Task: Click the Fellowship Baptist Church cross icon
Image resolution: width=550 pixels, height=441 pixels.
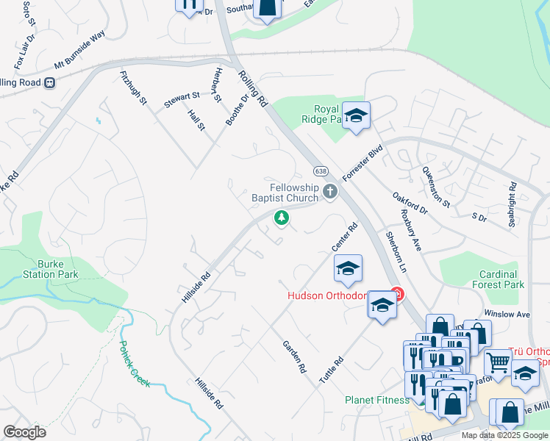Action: pyautogui.click(x=330, y=192)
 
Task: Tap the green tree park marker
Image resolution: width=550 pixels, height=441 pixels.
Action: pyautogui.click(x=280, y=217)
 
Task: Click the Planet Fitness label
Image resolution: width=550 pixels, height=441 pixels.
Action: pyautogui.click(x=377, y=400)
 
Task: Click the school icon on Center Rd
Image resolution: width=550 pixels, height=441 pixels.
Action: pyautogui.click(x=348, y=268)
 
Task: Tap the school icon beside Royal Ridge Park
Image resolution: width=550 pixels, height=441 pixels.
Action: pyautogui.click(x=357, y=115)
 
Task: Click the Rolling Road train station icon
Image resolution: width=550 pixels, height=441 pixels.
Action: pyautogui.click(x=50, y=82)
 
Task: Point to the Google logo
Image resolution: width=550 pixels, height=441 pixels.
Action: pyautogui.click(x=24, y=432)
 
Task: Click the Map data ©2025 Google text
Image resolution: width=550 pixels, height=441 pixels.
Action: pyautogui.click(x=504, y=435)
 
